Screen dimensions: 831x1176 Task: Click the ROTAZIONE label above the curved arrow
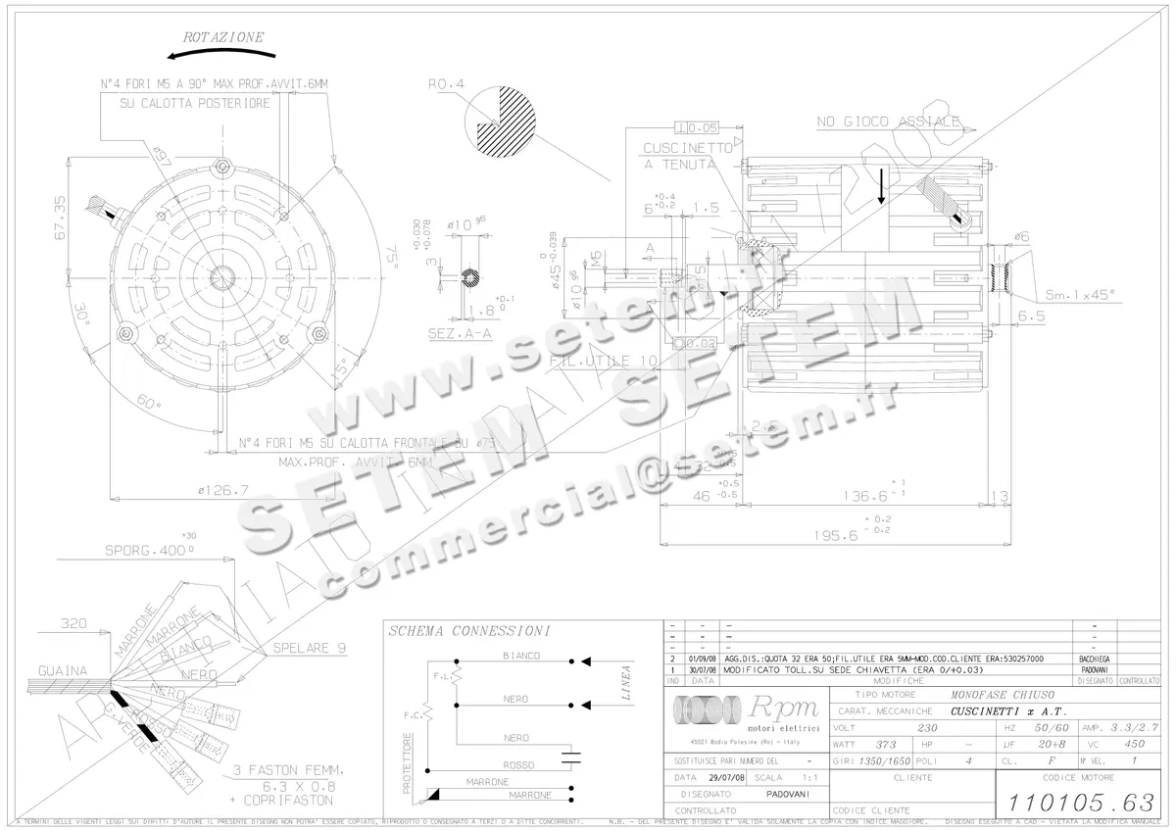(x=223, y=37)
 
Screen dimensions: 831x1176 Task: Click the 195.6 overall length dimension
(x=835, y=535)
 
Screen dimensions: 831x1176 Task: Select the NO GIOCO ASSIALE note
(x=888, y=122)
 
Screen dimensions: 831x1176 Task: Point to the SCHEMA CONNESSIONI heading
(x=468, y=631)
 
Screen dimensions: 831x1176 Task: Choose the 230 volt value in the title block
(x=927, y=728)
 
